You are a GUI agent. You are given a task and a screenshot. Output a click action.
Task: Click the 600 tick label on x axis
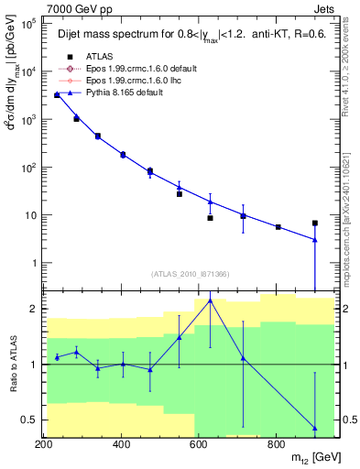200,444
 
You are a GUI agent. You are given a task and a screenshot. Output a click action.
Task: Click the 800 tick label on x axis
278,444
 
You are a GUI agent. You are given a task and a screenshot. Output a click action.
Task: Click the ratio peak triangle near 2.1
211,300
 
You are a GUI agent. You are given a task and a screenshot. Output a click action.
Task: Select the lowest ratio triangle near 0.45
314,428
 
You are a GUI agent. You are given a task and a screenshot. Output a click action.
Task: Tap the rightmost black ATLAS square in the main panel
314,223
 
